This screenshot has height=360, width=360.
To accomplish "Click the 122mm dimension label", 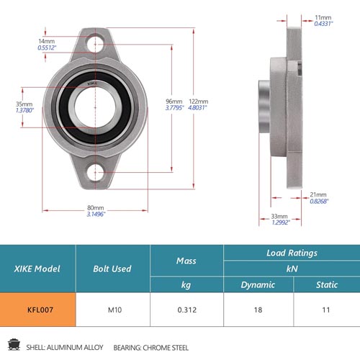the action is click(x=198, y=102).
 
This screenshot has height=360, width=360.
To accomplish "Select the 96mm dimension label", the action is click(x=174, y=102).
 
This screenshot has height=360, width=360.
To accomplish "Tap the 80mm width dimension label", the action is click(x=96, y=208).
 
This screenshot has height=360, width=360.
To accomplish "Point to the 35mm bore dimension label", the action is click(x=24, y=104).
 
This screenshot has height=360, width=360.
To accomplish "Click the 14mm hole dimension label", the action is click(x=47, y=41).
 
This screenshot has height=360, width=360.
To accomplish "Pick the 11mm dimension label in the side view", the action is click(x=323, y=17).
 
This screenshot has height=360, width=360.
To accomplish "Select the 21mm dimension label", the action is click(x=318, y=194).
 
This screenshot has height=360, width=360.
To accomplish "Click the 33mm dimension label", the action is click(x=279, y=216).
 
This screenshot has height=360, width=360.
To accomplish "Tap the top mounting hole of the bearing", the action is click(x=95, y=45).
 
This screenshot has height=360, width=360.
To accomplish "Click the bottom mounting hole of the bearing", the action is click(x=95, y=172).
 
